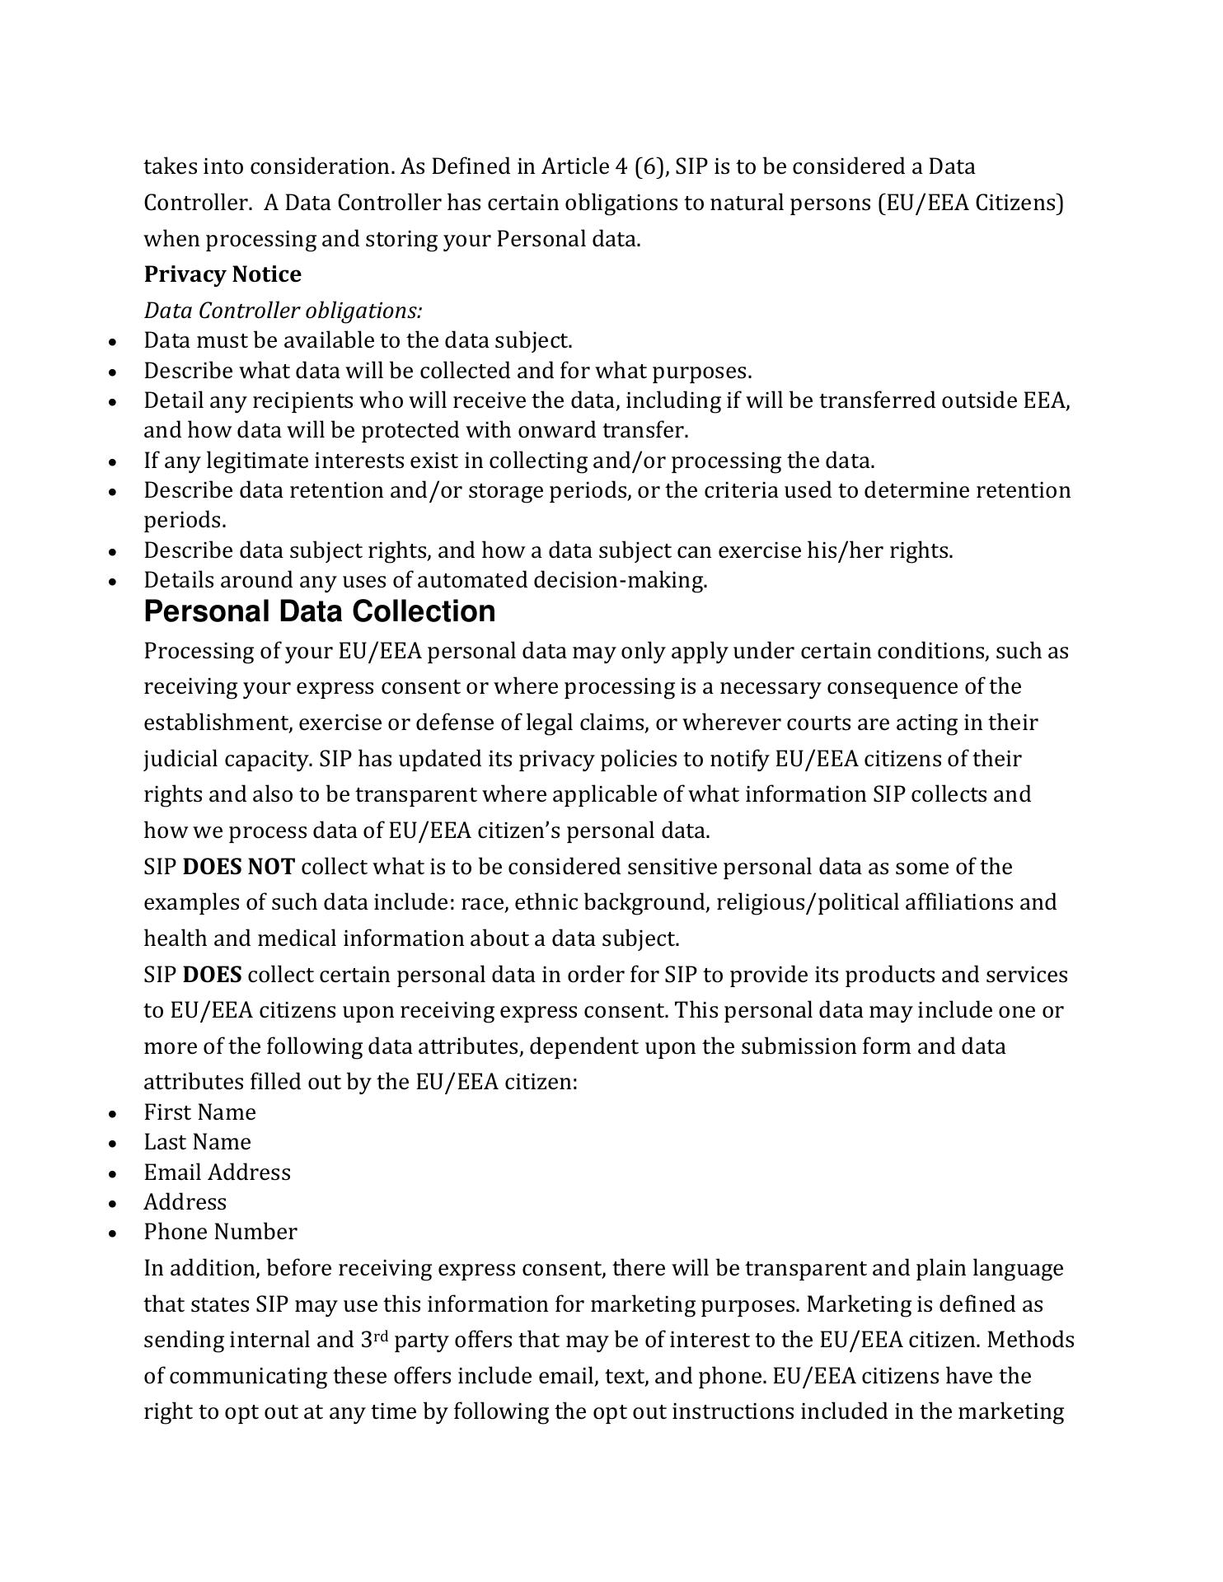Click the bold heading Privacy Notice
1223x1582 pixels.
(223, 274)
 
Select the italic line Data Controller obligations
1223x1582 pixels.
(283, 311)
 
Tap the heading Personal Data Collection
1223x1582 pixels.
(320, 611)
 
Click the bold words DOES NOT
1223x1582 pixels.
(238, 867)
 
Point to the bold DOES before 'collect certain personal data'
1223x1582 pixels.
(212, 975)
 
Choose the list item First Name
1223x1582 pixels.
(199, 1112)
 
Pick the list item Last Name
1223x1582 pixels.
(197, 1142)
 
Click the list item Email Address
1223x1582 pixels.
(217, 1172)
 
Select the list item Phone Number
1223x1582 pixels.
(220, 1232)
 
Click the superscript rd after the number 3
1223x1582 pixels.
(381, 1336)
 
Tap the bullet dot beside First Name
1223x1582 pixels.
(113, 1114)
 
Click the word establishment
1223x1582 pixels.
(218, 723)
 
